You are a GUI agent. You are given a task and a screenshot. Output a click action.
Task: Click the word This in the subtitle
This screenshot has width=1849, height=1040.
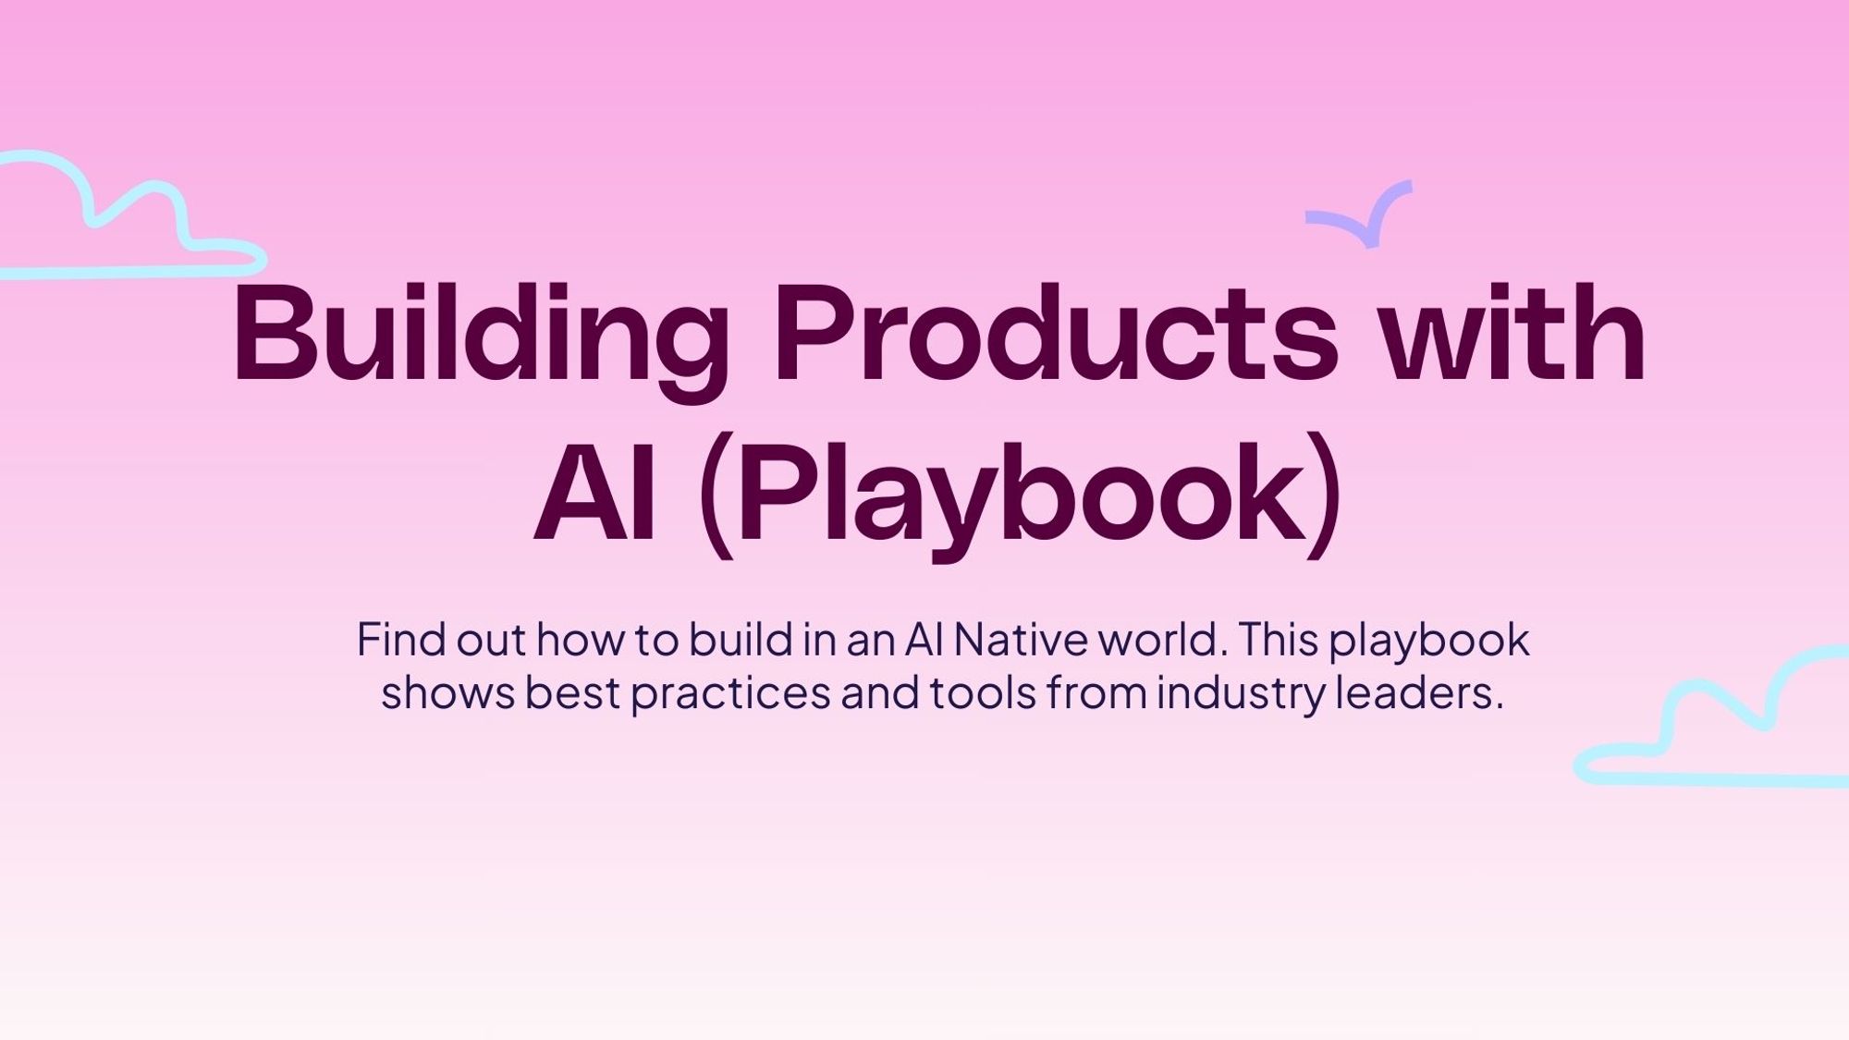click(1277, 640)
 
